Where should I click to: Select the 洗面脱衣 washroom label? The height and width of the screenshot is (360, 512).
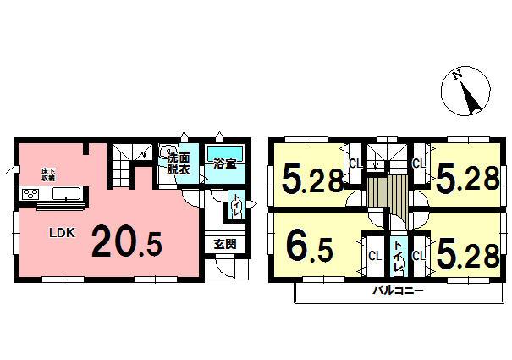179,163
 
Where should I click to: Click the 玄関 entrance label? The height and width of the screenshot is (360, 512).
224,244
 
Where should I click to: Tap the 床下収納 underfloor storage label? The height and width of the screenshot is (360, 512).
47,175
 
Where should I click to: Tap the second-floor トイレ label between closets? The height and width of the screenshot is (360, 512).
398,253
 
